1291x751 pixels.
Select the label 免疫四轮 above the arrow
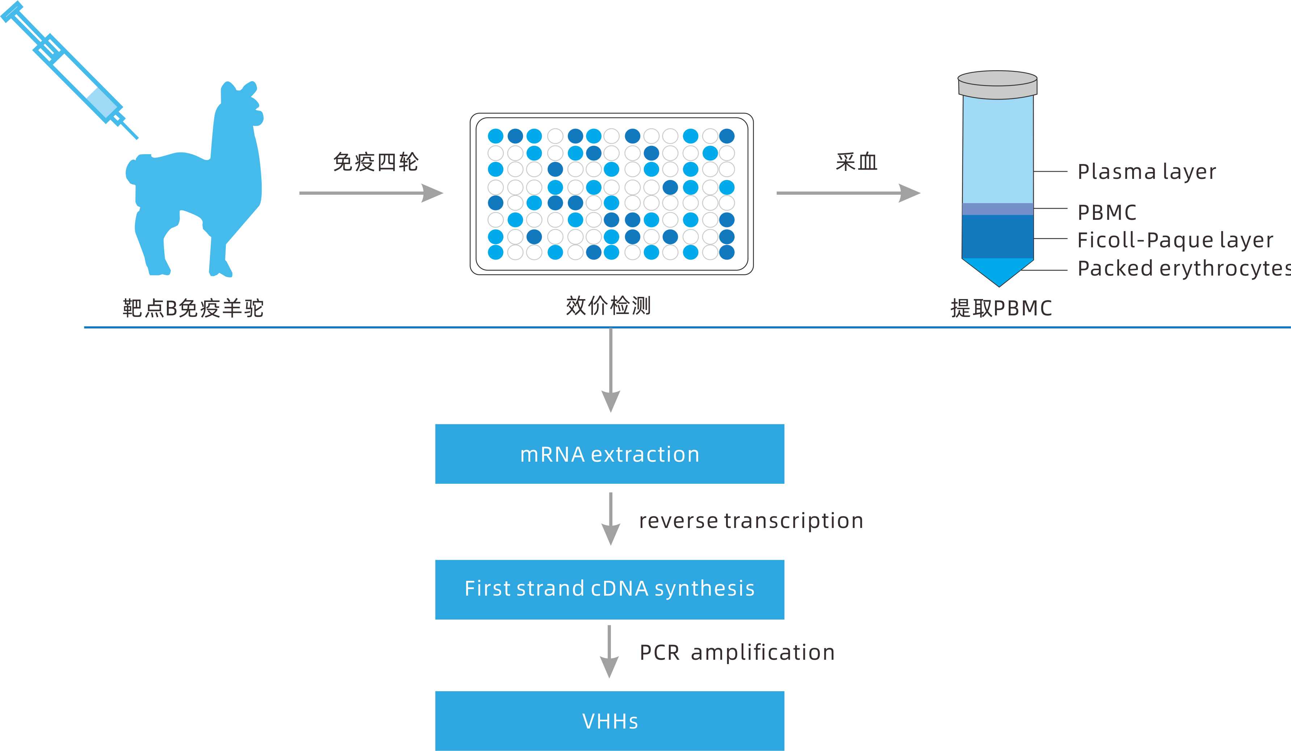pyautogui.click(x=376, y=162)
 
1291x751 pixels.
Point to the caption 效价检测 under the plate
pyautogui.click(x=608, y=306)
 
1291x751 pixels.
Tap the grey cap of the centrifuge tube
pyautogui.click(x=997, y=85)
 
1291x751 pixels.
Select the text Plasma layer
pyautogui.click(x=1147, y=172)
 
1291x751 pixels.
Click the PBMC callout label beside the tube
pyautogui.click(x=1106, y=212)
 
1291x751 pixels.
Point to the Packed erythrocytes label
pyautogui.click(x=1184, y=268)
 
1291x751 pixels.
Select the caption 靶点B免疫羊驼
pyautogui.click(x=193, y=308)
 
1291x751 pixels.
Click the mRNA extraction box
pyautogui.click(x=609, y=454)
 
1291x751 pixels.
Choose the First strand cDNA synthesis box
pyautogui.click(x=609, y=589)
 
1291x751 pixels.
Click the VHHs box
pyautogui.click(x=609, y=720)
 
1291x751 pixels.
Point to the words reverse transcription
pyautogui.click(x=751, y=521)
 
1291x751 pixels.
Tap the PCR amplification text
pyautogui.click(x=737, y=653)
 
